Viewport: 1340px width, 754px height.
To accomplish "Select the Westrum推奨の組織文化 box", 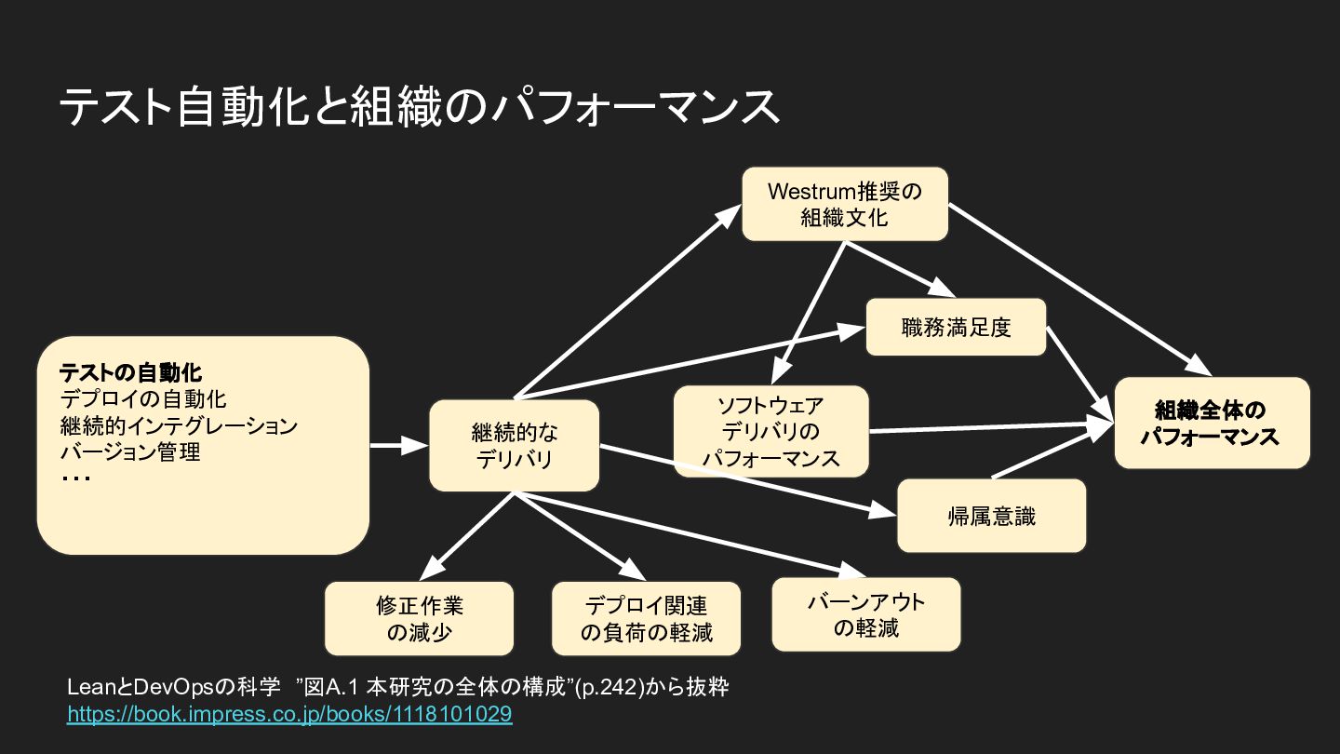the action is (x=845, y=204).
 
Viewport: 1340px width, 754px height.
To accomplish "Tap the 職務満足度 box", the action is (x=956, y=327).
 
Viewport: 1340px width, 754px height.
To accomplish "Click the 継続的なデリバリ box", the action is (x=514, y=445).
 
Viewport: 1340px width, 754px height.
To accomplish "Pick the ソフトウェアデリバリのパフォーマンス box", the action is (x=771, y=431).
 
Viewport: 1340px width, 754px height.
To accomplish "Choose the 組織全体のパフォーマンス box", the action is (x=1212, y=423).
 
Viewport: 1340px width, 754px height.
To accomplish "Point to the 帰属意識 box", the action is (x=991, y=516).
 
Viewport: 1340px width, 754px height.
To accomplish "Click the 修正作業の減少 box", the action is (x=419, y=618).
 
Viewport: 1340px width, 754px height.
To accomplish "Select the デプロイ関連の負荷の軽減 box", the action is (x=646, y=618).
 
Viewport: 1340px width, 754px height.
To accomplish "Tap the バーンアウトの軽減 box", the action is (x=866, y=614).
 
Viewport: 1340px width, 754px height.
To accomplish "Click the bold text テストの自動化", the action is (x=130, y=372).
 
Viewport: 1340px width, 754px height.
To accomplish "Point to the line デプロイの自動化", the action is (x=143, y=399).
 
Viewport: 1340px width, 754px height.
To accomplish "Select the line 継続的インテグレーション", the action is (x=179, y=425).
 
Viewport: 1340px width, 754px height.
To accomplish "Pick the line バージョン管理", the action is (x=130, y=451).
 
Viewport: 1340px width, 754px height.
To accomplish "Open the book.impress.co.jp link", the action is (x=289, y=714).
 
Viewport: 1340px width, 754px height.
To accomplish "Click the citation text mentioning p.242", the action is (x=398, y=687).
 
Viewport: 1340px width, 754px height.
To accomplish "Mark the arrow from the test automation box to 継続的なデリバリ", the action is (x=399, y=445).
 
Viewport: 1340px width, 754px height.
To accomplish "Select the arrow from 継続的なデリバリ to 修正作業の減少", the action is (x=466, y=536).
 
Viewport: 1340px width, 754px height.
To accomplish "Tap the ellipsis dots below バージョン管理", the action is (x=75, y=478).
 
